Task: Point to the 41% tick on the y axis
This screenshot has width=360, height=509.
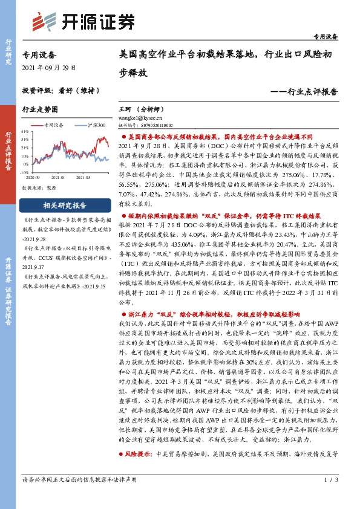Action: (x=25, y=131)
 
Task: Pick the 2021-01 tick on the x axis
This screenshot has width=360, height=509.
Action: (x=58, y=178)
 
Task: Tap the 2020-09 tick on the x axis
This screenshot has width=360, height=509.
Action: (x=33, y=178)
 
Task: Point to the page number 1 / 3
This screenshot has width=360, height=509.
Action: (x=330, y=496)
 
